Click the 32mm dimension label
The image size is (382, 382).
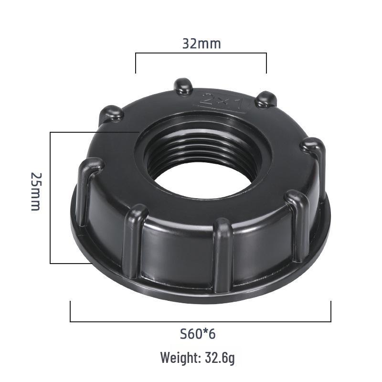coord(201,43)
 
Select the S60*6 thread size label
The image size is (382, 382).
coord(198,333)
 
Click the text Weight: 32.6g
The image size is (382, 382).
coord(197,357)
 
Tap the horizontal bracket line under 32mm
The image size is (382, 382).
coord(201,53)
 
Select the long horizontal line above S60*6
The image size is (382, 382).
coord(201,321)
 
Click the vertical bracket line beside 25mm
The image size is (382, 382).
coord(51,197)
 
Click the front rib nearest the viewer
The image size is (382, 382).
coord(223,253)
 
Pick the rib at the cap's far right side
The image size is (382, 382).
coord(316,158)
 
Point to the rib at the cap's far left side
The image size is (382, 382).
coord(88,189)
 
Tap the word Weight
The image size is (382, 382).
coord(179,357)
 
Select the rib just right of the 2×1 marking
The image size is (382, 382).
coord(265,99)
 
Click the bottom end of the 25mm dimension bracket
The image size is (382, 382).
coord(51,263)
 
